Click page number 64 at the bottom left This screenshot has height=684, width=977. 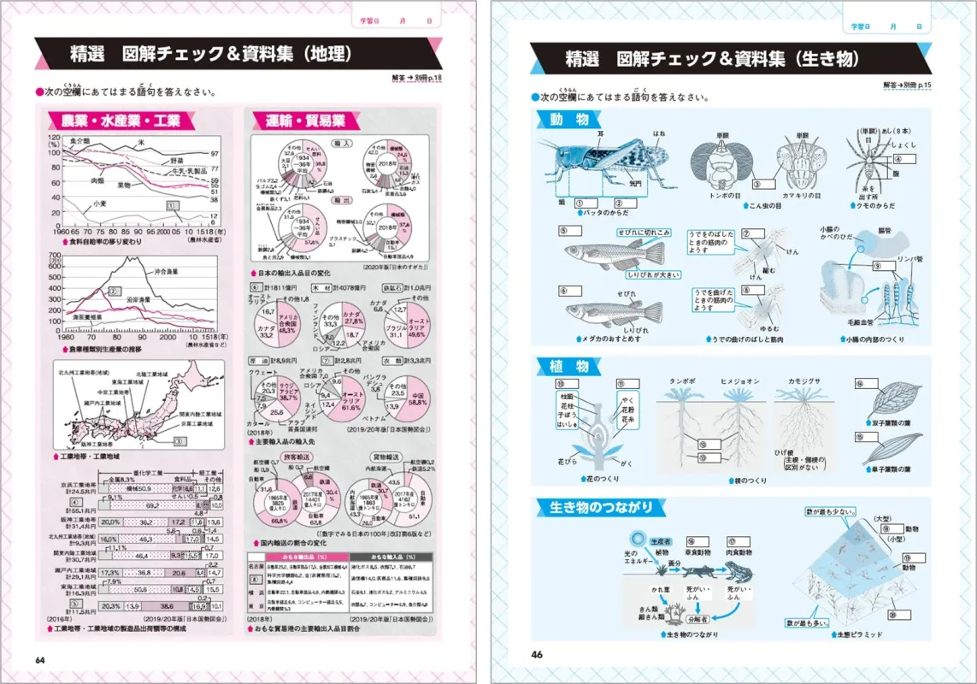pos(39,658)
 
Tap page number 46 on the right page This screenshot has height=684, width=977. pos(537,655)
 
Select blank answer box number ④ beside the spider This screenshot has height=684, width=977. pos(904,156)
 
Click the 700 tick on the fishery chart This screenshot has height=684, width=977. pos(57,257)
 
